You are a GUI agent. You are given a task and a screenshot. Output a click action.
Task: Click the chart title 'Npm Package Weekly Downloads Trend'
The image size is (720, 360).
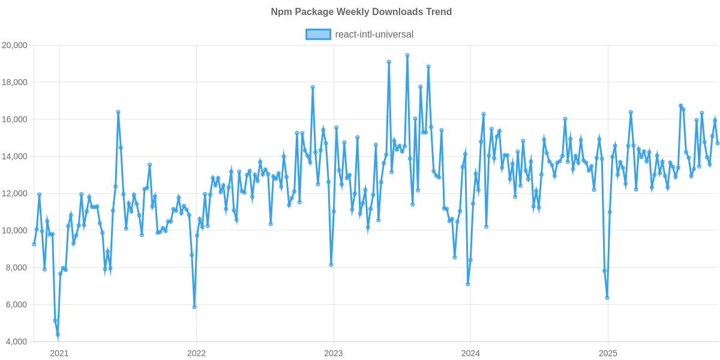click(360, 12)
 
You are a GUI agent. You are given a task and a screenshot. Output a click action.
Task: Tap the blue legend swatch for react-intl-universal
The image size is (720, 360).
click(318, 34)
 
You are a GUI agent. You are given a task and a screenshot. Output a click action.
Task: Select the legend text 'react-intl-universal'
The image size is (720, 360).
click(374, 34)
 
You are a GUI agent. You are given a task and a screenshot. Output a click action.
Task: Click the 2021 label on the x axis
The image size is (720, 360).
click(59, 353)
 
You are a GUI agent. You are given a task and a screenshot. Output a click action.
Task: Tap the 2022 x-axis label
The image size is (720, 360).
click(196, 353)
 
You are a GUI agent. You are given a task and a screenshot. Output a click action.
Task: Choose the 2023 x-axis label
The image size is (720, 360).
click(334, 353)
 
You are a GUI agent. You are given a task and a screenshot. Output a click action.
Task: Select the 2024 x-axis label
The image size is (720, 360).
click(471, 353)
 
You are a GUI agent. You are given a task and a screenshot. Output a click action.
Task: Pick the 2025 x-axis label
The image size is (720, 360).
click(608, 353)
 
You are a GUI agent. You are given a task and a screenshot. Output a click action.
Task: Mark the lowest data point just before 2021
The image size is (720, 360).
click(58, 335)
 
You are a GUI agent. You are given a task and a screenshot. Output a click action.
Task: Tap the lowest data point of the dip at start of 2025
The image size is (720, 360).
click(607, 298)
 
